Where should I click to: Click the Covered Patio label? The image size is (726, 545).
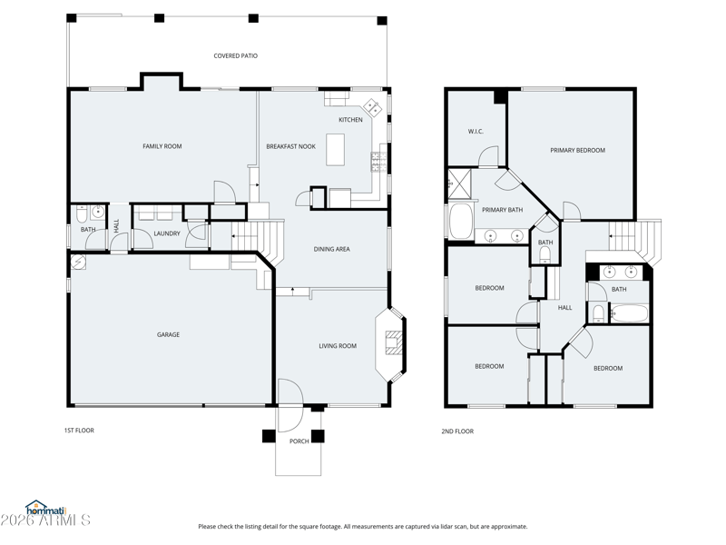pos(235,55)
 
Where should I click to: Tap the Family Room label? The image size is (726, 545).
pos(162,146)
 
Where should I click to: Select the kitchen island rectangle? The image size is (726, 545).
pos(335,149)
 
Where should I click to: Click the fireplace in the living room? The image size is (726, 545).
pos(393,343)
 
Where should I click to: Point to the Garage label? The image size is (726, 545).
pos(168,334)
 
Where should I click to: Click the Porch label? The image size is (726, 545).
pos(299,441)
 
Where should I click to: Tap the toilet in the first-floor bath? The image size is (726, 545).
pos(82,214)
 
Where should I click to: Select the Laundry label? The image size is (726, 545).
pos(167,233)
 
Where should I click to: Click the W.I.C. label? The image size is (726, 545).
pos(476,131)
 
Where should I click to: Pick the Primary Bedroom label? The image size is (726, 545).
pos(577,150)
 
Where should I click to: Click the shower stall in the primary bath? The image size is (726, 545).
pos(459,183)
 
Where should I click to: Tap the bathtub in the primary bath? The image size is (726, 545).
pos(461,221)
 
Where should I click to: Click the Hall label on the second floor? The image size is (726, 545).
pos(564,307)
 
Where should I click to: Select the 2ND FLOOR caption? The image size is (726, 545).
pos(457,431)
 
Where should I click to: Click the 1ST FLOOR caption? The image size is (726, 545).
pos(79,430)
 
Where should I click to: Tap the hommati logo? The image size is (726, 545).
pos(46,508)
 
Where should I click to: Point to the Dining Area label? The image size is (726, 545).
pos(331,249)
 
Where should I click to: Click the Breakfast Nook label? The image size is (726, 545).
pos(290,146)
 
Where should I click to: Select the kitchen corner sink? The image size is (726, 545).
pos(373,107)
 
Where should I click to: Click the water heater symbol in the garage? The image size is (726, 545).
pos(79,263)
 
